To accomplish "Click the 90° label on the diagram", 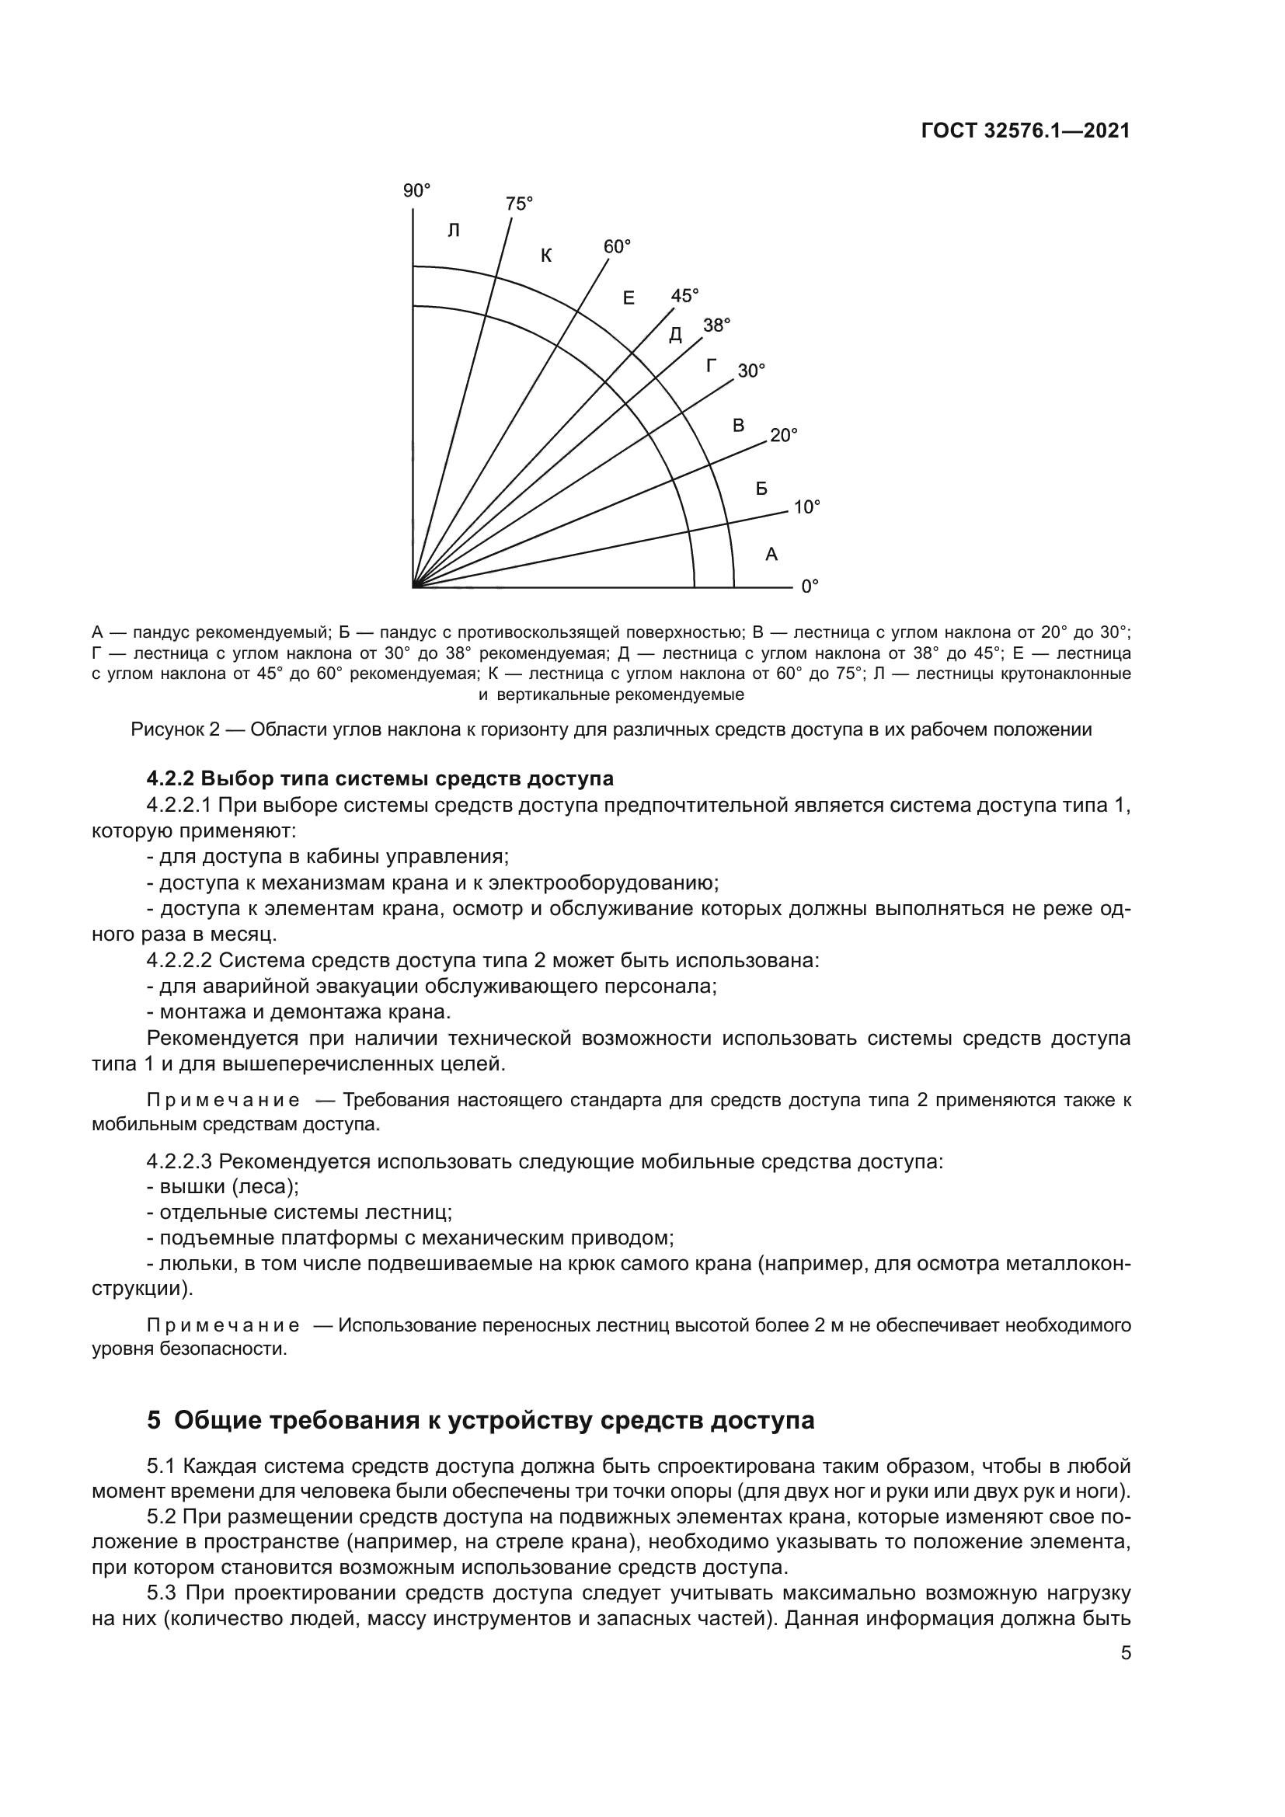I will (x=416, y=191).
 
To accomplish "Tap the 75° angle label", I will (x=519, y=204).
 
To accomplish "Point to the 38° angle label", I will (x=717, y=325).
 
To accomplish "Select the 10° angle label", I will (x=806, y=507).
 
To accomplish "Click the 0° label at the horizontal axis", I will (x=810, y=587).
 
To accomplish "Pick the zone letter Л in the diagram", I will (x=454, y=231).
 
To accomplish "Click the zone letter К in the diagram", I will (x=546, y=256).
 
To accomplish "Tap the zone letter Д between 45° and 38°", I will (x=675, y=336).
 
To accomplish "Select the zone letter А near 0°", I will (x=771, y=555).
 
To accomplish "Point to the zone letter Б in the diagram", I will (x=761, y=489).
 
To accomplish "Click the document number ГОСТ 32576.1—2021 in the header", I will (x=1026, y=131).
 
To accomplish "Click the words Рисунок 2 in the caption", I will (x=175, y=729).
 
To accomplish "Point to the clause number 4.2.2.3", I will (x=179, y=1163).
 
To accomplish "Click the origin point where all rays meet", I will (x=414, y=587).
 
